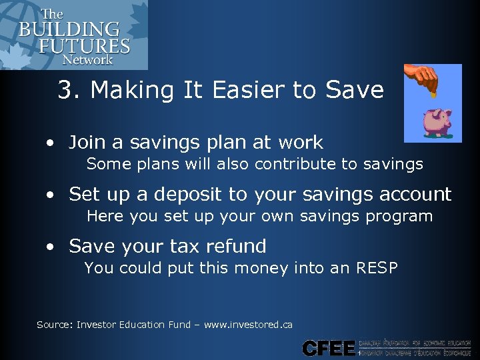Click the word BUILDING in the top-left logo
pos(69,30)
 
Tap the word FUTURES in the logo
pos(83,46)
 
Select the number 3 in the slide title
pos(65,90)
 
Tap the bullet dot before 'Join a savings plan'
pos(51,143)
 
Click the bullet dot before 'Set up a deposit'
pos(51,195)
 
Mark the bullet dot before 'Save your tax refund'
pos(51,247)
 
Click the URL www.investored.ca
pos(248,325)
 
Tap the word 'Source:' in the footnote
pos(55,325)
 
